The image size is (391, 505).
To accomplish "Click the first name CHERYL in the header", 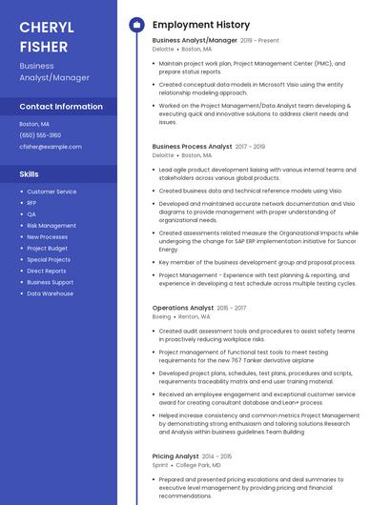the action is click(47, 26).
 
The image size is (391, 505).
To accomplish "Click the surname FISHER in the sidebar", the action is click(44, 46).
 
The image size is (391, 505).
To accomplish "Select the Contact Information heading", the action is click(61, 107).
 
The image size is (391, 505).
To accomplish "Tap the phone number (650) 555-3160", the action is click(40, 135).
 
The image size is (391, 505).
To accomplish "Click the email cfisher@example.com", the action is click(51, 147).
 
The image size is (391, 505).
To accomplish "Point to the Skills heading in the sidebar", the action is click(30, 174).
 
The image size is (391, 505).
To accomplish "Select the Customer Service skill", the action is click(51, 192).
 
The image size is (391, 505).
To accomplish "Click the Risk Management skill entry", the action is click(51, 226).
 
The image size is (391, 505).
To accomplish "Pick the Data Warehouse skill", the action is click(51, 293).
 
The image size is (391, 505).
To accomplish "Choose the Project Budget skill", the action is click(48, 248).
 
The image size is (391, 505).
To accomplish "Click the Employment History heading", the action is click(201, 25).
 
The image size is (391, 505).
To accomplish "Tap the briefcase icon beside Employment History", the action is click(136, 25).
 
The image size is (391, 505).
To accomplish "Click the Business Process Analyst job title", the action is click(192, 147).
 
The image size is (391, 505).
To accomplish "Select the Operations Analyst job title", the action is click(183, 308).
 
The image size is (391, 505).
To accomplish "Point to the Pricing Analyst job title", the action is click(175, 456).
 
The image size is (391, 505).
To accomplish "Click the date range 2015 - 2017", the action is click(232, 308).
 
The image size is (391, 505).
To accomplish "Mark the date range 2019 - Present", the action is click(260, 41).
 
